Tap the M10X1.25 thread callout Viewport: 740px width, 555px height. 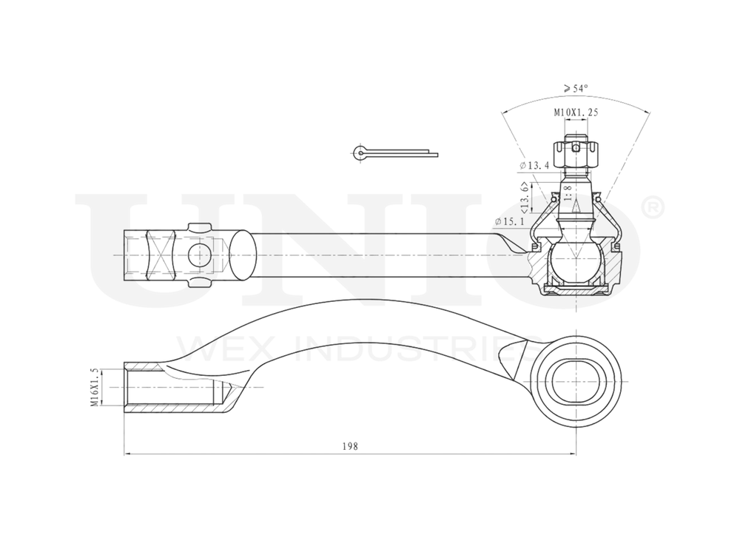pos(576,112)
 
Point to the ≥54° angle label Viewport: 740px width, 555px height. pos(576,88)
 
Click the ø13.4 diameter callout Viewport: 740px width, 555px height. pos(534,164)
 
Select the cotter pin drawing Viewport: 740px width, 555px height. pos(392,152)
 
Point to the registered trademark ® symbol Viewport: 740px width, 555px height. pos(654,208)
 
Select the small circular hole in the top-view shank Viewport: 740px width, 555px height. pos(198,255)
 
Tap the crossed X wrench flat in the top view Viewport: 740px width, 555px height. pos(163,255)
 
